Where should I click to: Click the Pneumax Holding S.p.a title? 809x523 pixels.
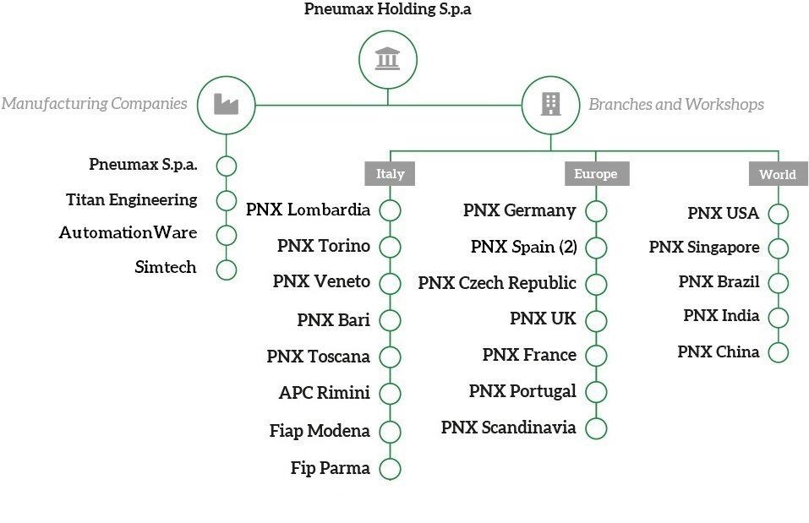pos(388,10)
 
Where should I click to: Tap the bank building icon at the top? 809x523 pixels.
pos(388,59)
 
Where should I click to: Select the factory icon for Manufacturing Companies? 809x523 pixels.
pos(226,105)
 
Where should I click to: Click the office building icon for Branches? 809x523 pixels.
pos(550,105)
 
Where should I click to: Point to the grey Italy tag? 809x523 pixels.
pos(390,174)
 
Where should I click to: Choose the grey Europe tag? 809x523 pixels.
pos(595,174)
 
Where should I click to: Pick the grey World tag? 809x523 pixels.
pos(777,174)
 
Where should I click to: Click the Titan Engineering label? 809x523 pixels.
pos(132,200)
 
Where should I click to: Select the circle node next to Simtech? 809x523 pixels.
pos(226,270)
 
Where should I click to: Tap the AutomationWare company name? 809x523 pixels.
pos(128,232)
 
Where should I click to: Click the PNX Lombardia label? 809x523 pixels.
pos(308,210)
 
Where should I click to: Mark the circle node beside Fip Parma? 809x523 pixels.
pos(390,468)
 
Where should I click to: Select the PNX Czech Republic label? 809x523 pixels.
pos(497,283)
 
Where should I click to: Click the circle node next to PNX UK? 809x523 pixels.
pos(596,320)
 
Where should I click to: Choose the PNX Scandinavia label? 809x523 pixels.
pos(509,428)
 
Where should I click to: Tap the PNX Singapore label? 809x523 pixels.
pos(704,248)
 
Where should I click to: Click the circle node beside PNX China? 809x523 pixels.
pos(778,352)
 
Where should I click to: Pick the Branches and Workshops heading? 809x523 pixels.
pos(676,105)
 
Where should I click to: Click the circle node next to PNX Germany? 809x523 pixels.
pos(596,211)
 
